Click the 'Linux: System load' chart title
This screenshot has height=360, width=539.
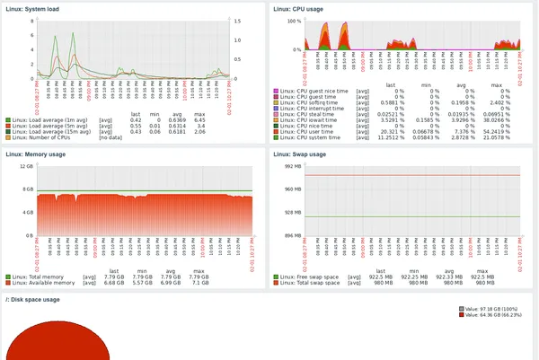coord(29,8)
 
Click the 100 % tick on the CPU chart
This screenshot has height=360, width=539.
coord(293,21)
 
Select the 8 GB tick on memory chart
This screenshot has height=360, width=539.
coord(27,189)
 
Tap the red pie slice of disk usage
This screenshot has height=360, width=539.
coord(54,346)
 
